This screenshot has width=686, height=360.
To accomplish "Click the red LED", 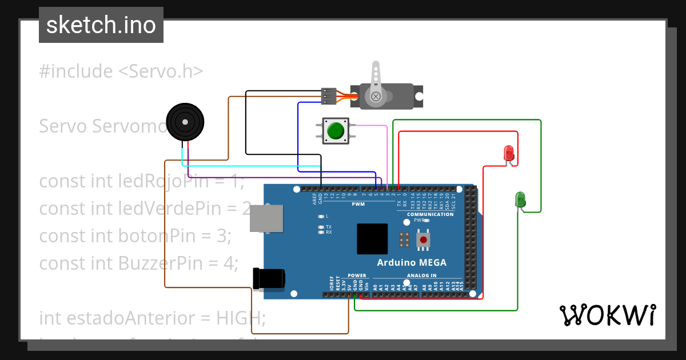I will [x=508, y=153].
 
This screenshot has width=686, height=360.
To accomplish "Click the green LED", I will [x=520, y=199].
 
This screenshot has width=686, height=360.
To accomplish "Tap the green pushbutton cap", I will [x=335, y=131].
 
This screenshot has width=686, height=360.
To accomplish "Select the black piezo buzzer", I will [x=185, y=122].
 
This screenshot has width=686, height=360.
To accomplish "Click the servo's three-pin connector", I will [x=328, y=96].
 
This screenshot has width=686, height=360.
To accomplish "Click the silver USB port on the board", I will [x=267, y=218].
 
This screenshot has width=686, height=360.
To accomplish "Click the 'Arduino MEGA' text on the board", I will [x=412, y=263].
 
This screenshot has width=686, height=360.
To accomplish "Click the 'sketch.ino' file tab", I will [x=101, y=25].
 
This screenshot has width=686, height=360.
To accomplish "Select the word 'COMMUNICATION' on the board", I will [x=430, y=214].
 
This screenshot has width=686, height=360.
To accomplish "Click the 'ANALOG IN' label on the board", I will [x=421, y=275].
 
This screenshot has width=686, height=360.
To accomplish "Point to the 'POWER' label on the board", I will [x=357, y=275].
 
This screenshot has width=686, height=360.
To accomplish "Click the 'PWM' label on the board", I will [x=358, y=204].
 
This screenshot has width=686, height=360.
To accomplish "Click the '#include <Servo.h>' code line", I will [x=121, y=71].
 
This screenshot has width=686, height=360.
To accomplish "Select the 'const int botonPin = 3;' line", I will [x=135, y=235].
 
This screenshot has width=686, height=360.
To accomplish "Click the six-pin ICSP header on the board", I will [x=404, y=240].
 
